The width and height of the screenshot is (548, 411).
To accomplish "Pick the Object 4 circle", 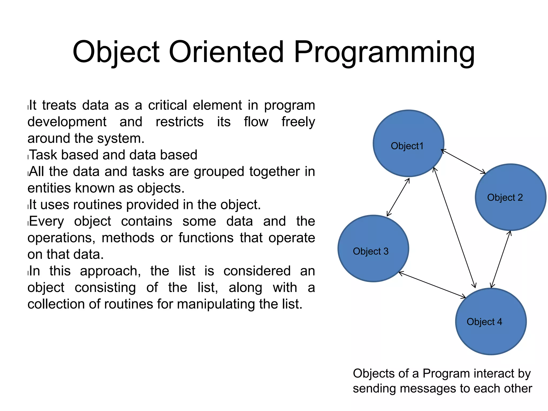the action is coord(491,334).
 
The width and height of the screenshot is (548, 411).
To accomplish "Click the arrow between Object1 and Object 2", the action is coord(463,162).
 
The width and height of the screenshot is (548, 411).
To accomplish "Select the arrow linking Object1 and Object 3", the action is coord(398,197).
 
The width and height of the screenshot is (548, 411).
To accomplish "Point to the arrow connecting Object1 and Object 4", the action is coord(454,227).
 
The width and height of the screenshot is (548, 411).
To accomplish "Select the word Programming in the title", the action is coord(384,53).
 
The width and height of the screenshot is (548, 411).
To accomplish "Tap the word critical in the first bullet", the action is coord(168,105).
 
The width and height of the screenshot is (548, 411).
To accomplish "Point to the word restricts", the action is coord(180,122).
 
